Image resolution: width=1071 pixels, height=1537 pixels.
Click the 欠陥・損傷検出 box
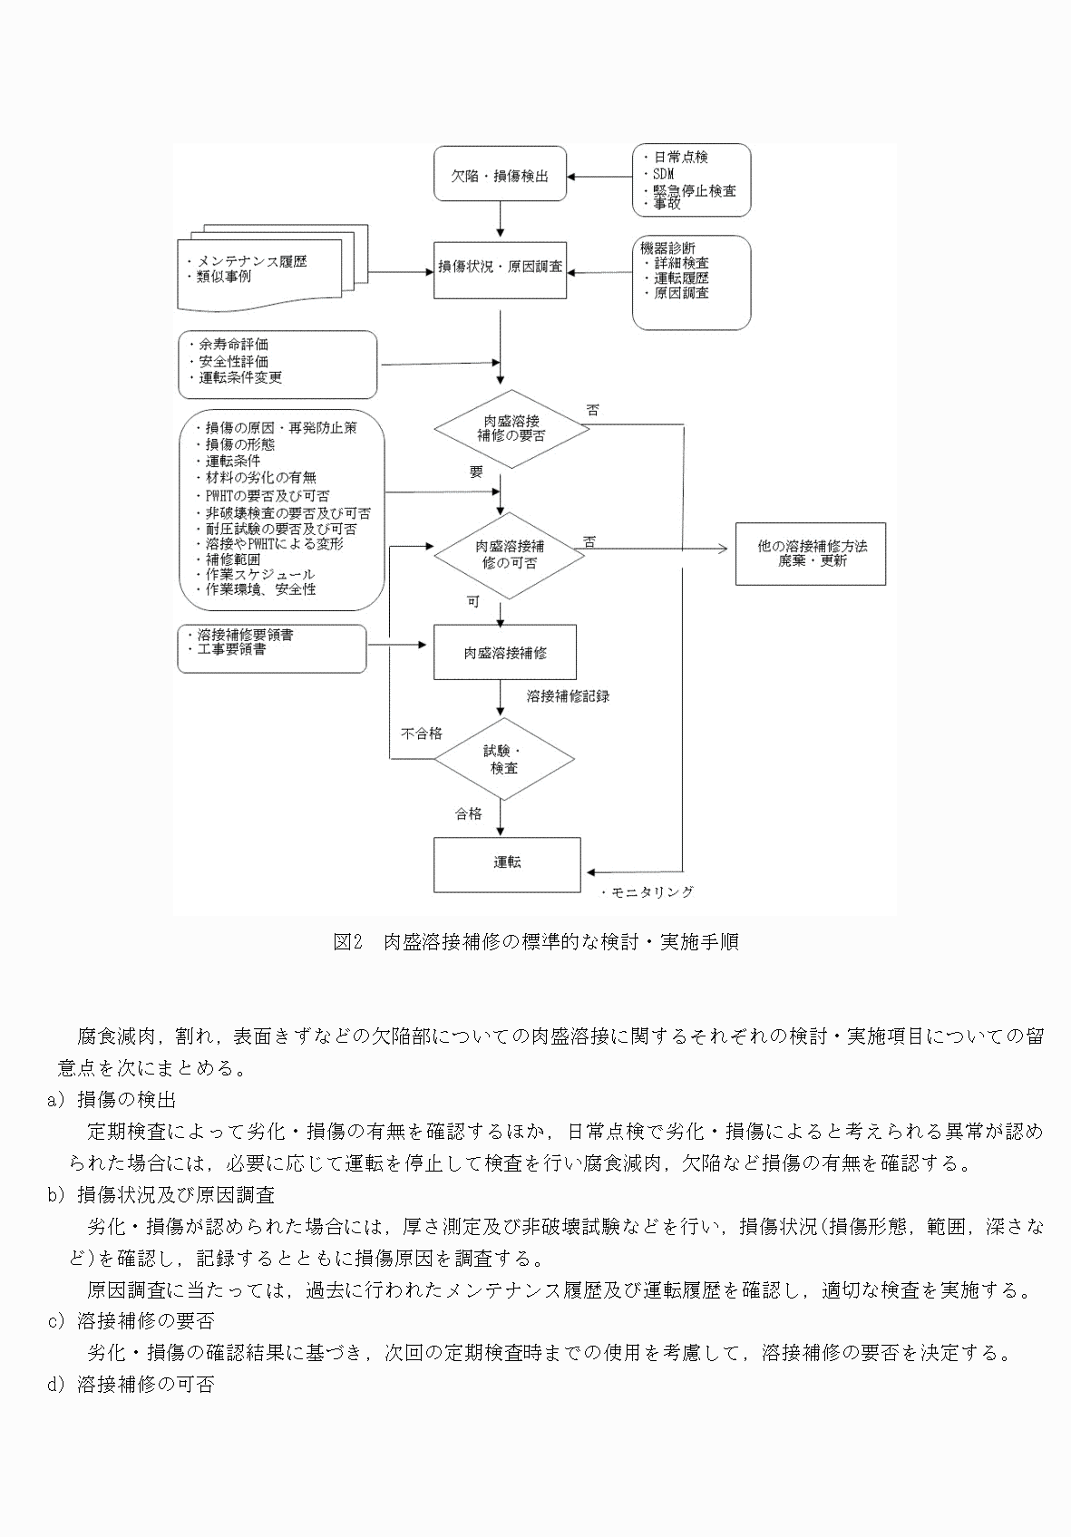point(501,176)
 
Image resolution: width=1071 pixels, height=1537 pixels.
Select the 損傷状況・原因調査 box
point(500,268)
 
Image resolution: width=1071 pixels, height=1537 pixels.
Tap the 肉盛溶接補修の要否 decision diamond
point(511,428)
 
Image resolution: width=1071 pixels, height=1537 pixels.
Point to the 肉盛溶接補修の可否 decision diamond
point(511,554)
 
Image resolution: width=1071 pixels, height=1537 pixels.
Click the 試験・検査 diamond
point(503,759)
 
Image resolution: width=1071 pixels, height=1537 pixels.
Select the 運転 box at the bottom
point(507,863)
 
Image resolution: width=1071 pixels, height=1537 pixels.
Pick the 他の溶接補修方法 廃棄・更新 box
point(811,553)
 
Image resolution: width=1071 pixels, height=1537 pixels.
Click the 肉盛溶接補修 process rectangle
point(505,652)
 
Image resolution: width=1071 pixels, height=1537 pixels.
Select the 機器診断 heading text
point(668,248)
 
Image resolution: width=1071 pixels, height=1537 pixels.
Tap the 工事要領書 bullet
point(232,650)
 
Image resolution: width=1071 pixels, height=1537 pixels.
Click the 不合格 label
point(422,734)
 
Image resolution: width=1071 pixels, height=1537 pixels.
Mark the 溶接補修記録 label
point(569,696)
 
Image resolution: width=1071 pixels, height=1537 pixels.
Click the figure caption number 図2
point(347,942)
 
